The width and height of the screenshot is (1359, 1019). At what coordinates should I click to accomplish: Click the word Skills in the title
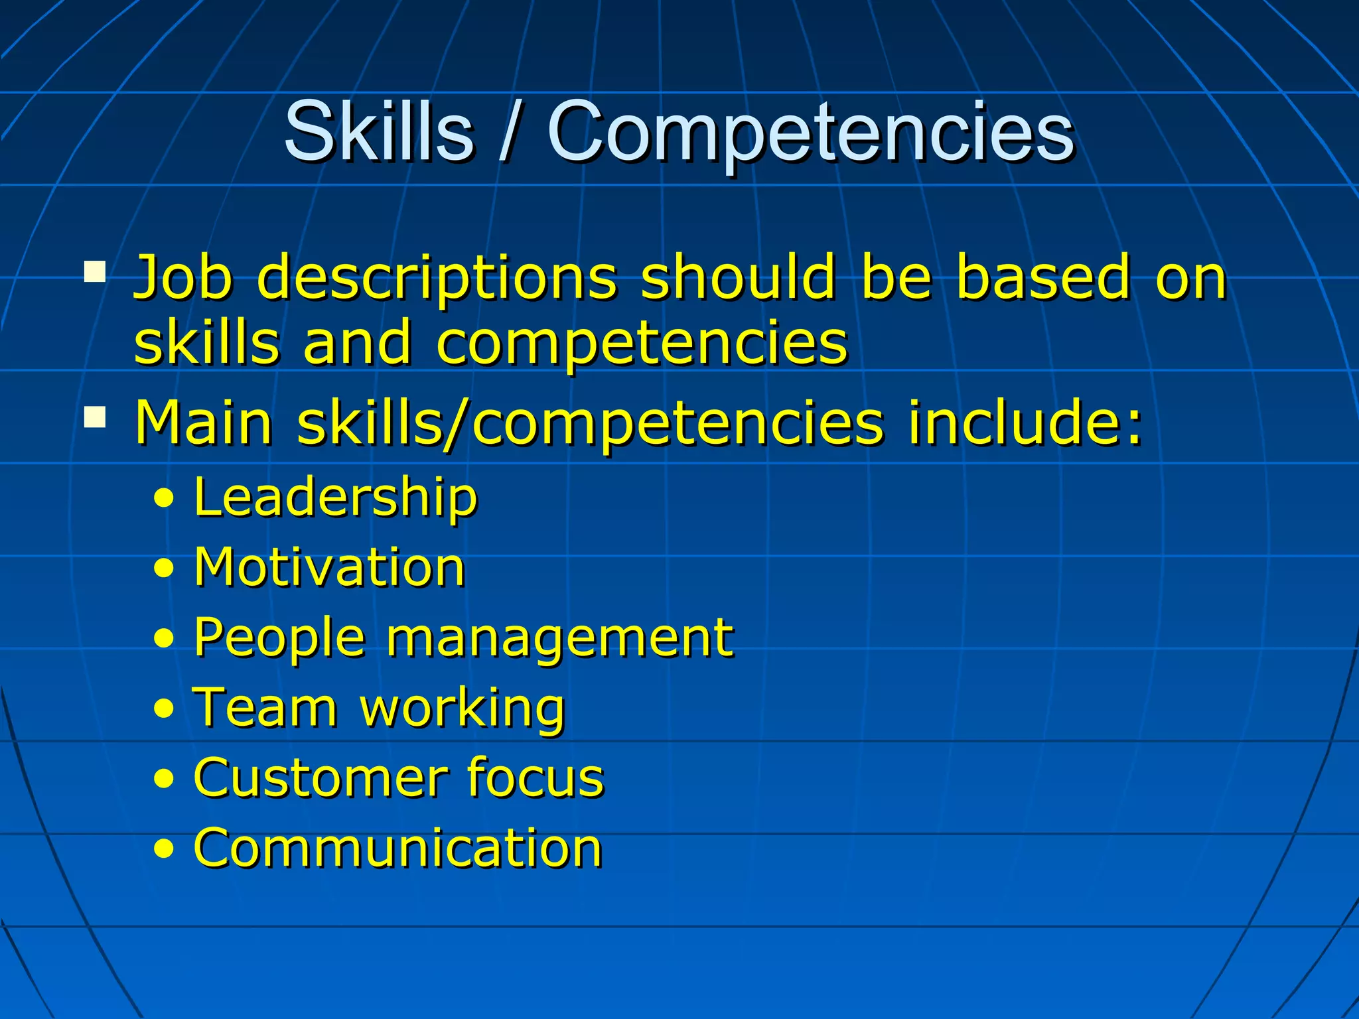pyautogui.click(x=378, y=131)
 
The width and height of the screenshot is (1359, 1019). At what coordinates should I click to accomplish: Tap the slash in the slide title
pyautogui.click(x=509, y=131)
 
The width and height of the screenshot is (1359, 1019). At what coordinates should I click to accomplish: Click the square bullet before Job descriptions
pyautogui.click(x=95, y=272)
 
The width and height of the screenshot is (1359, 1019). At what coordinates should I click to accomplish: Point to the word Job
pyautogui.click(x=183, y=277)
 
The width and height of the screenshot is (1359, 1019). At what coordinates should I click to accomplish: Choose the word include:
pyautogui.click(x=1025, y=423)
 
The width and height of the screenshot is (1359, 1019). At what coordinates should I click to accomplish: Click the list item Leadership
pyautogui.click(x=335, y=498)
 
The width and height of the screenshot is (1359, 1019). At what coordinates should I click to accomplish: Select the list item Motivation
pyautogui.click(x=329, y=568)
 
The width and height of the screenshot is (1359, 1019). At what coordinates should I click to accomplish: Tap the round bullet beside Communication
pyautogui.click(x=163, y=849)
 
